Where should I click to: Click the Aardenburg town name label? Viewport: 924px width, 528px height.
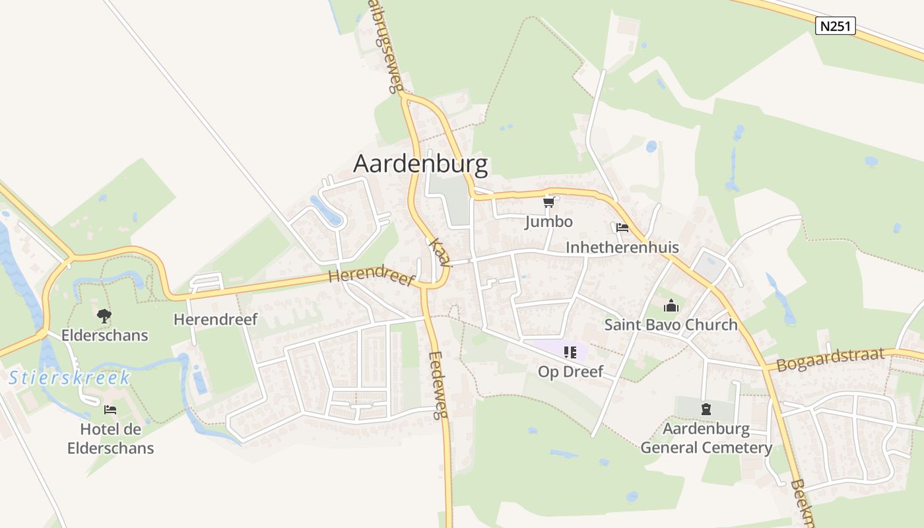pyautogui.click(x=420, y=164)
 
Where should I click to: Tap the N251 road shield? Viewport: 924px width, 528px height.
pyautogui.click(x=835, y=26)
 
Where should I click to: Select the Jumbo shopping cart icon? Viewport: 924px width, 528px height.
pyautogui.click(x=548, y=202)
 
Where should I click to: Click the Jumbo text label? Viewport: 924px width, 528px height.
pyautogui.click(x=548, y=221)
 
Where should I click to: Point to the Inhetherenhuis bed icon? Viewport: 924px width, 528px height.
pyautogui.click(x=622, y=228)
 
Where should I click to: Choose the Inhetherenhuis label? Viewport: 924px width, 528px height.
pyautogui.click(x=622, y=247)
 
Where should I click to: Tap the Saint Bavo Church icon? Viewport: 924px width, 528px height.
pyautogui.click(x=671, y=306)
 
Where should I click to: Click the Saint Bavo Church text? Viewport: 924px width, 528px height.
pyautogui.click(x=671, y=325)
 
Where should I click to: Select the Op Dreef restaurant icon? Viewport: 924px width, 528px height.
pyautogui.click(x=570, y=352)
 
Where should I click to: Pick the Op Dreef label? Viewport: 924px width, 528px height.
pyautogui.click(x=570, y=372)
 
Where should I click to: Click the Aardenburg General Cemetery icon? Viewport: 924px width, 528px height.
pyautogui.click(x=706, y=409)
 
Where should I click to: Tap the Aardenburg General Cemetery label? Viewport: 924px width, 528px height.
pyautogui.click(x=706, y=438)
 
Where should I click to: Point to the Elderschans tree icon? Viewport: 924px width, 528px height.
pyautogui.click(x=104, y=316)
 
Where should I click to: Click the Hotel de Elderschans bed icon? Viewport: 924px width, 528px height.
pyautogui.click(x=110, y=410)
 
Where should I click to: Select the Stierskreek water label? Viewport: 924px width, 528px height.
pyautogui.click(x=69, y=378)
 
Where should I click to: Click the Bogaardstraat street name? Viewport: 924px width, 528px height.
pyautogui.click(x=830, y=360)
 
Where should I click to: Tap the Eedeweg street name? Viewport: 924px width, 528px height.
pyautogui.click(x=437, y=385)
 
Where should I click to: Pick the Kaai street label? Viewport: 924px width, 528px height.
pyautogui.click(x=439, y=252)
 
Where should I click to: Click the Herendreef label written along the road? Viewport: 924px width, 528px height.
pyautogui.click(x=372, y=277)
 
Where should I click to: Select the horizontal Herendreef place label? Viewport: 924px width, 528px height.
pyautogui.click(x=215, y=319)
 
